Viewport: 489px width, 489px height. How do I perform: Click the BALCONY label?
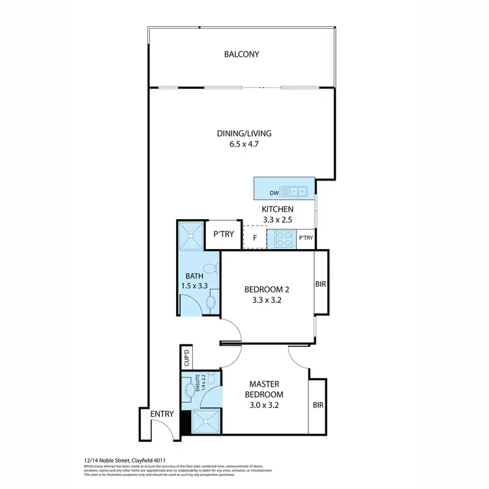pyautogui.click(x=242, y=54)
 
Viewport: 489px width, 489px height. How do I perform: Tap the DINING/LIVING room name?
pyautogui.click(x=244, y=134)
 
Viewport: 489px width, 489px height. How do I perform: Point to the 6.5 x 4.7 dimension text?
pyautogui.click(x=244, y=145)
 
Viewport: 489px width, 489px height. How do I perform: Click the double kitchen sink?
pyautogui.click(x=298, y=192)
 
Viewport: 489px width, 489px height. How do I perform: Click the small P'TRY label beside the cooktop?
pyautogui.click(x=306, y=239)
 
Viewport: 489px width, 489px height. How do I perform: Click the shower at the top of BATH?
pyautogui.click(x=191, y=235)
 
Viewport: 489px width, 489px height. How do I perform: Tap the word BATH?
pyautogui.click(x=194, y=276)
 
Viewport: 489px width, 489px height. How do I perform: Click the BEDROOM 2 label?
pyautogui.click(x=266, y=289)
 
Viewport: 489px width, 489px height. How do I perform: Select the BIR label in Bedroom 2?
pyautogui.click(x=321, y=284)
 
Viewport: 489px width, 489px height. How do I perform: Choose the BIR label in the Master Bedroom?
pyautogui.click(x=318, y=406)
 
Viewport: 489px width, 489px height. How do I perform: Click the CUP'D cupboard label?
pyautogui.click(x=186, y=359)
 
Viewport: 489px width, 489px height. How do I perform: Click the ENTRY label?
pyautogui.click(x=162, y=414)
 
